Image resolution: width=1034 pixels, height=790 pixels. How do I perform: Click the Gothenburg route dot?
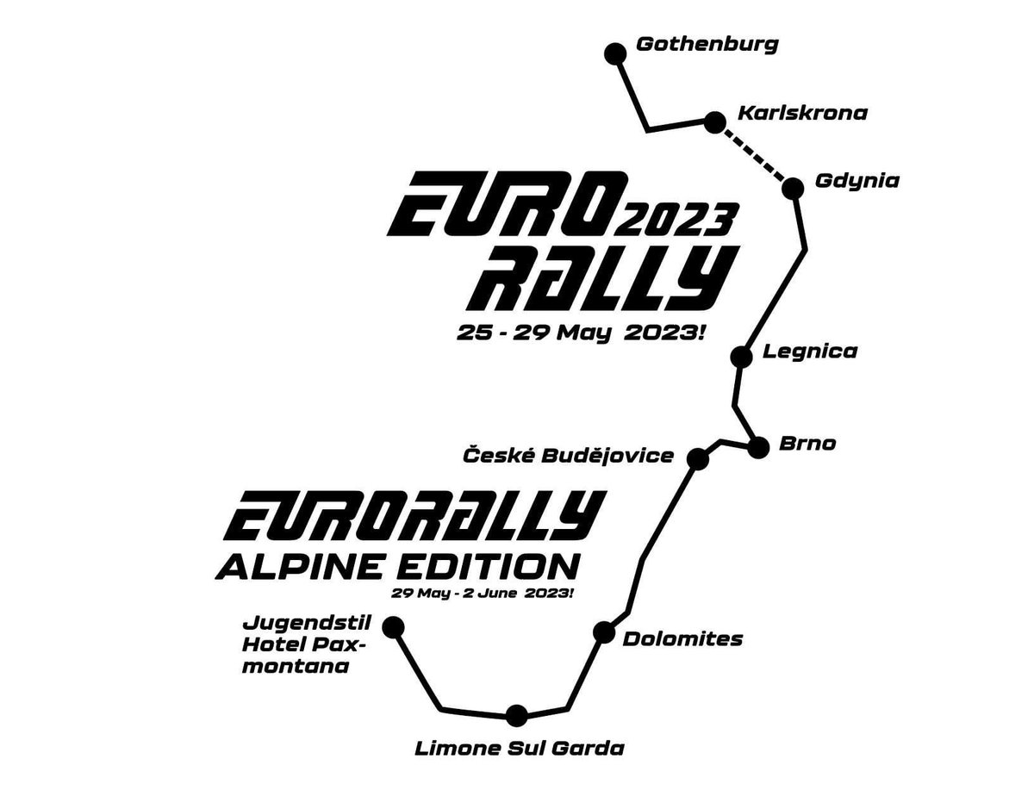coord(615,54)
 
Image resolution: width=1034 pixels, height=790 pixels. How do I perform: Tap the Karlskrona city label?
coord(802,114)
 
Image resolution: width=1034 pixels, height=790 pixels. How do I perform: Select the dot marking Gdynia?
coord(793,189)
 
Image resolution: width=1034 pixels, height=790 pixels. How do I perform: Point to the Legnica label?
coord(810,352)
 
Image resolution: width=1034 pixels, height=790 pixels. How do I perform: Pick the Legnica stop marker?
coord(742,357)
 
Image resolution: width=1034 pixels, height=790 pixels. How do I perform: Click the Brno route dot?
coord(758,447)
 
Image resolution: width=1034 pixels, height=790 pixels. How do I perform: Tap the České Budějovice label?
coord(568,456)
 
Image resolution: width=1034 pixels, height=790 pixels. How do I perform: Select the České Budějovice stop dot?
coord(698,458)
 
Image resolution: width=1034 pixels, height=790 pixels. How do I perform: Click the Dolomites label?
coord(682,639)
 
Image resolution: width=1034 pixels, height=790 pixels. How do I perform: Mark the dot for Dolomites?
coord(603,631)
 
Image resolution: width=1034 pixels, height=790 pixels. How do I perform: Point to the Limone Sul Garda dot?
coord(516,729)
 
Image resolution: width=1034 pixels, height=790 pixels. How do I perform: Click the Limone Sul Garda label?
coord(519,762)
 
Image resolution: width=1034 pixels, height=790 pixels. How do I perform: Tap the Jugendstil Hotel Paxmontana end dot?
coord(393,626)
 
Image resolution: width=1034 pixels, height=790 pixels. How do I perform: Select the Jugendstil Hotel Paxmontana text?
coord(306,644)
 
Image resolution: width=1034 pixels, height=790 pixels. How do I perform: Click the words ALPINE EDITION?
coord(397,566)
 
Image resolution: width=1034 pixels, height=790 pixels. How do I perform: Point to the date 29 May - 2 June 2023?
coord(483,594)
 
